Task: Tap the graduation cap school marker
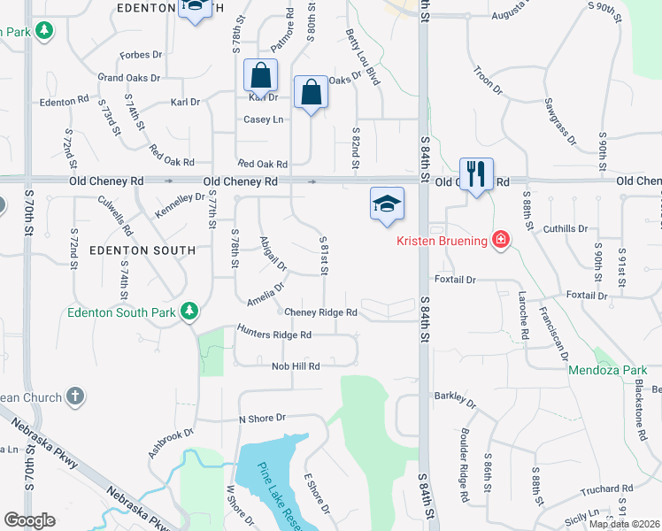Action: pos(387,204)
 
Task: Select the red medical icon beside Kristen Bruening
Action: pos(501,240)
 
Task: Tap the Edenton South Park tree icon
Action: pos(188,312)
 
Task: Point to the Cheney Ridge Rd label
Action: pos(320,312)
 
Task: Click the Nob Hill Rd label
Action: pos(296,366)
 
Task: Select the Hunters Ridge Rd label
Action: pos(274,335)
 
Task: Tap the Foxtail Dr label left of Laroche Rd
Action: pos(457,280)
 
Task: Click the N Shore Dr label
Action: pos(263,417)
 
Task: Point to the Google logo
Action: pos(29,520)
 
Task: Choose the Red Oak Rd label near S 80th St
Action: pos(263,164)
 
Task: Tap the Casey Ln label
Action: pos(263,119)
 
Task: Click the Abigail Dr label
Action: pos(273,253)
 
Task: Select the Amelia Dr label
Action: pos(266,293)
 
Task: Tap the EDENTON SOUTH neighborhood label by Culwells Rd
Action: pos(142,250)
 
